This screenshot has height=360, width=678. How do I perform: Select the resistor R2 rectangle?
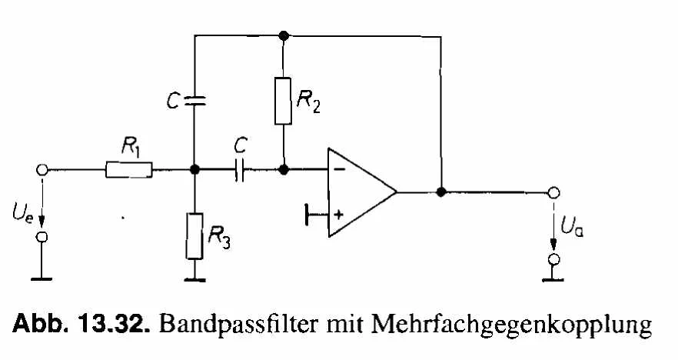tap(284, 100)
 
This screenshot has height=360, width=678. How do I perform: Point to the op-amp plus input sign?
tap(337, 215)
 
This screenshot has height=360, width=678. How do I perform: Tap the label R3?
tap(221, 238)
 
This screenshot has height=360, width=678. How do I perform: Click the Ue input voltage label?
tap(24, 208)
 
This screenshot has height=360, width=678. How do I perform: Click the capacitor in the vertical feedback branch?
tap(194, 99)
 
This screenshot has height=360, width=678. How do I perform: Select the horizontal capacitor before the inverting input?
tap(240, 170)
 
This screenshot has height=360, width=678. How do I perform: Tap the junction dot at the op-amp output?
tap(441, 192)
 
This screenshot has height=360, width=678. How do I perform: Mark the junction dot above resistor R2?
tap(284, 35)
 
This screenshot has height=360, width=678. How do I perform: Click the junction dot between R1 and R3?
tap(194, 169)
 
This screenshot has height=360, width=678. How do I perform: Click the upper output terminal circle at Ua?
tap(552, 192)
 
